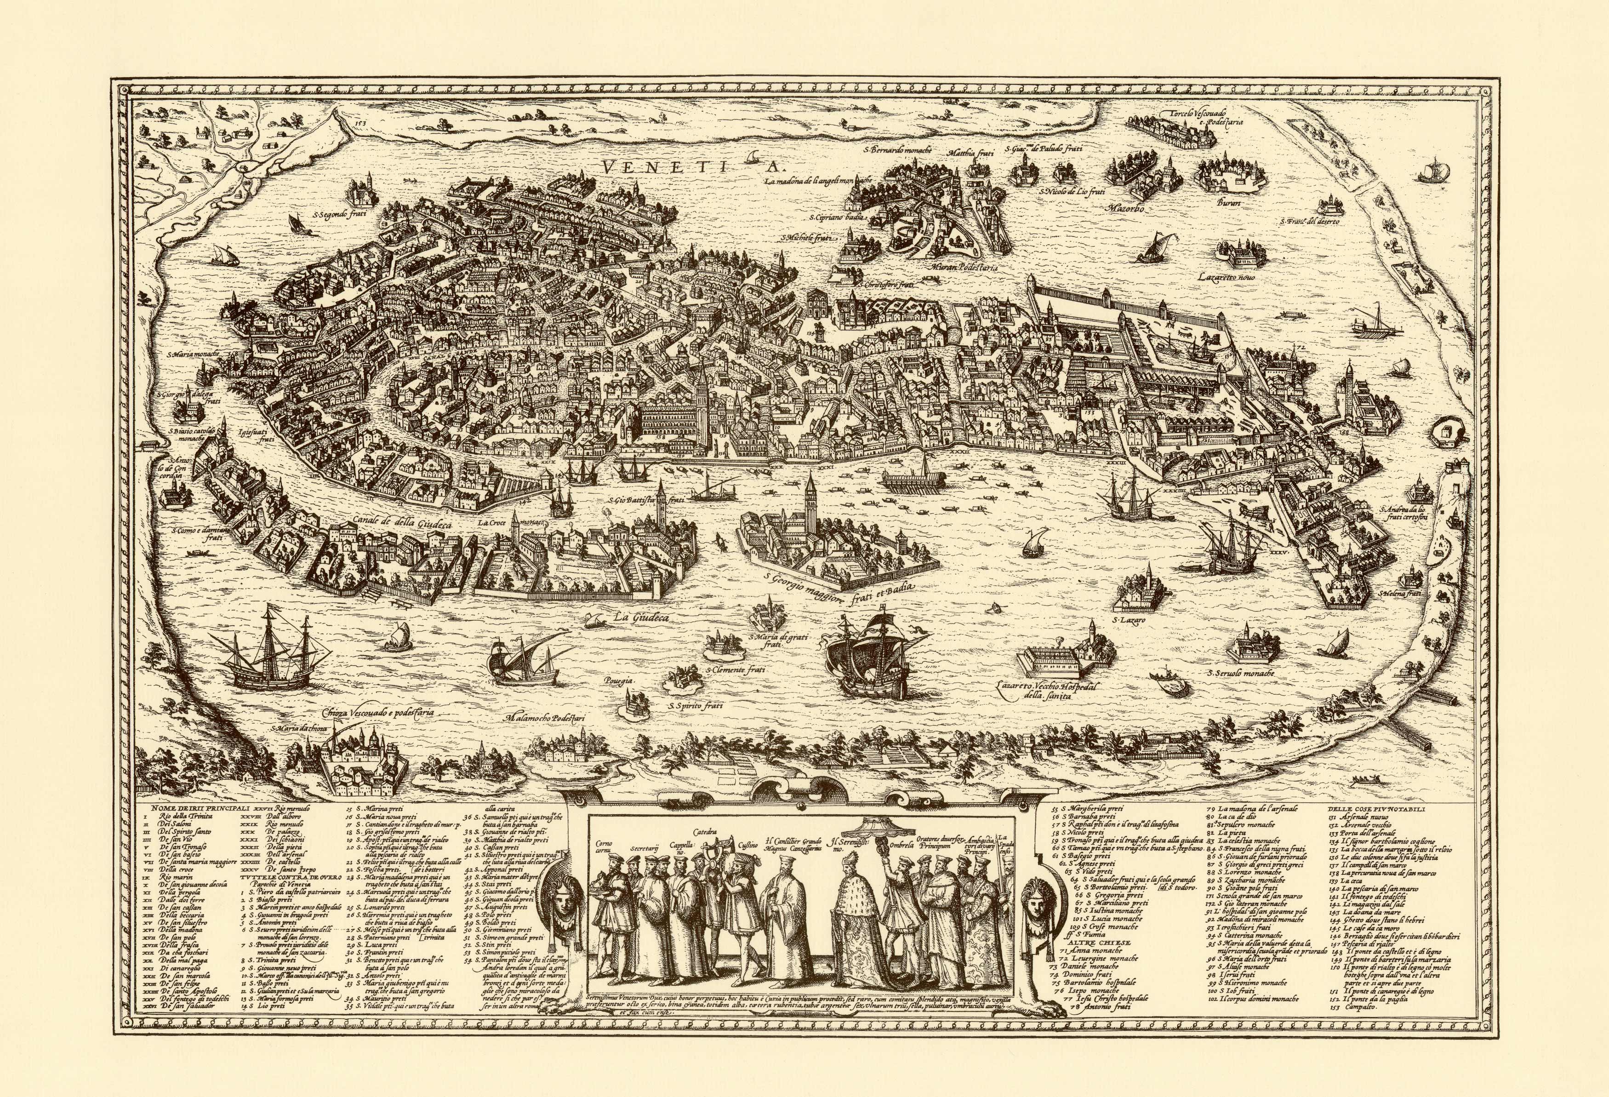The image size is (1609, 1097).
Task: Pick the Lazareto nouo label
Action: point(1227,277)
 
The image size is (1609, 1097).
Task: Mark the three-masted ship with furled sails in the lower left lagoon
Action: point(267,651)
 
